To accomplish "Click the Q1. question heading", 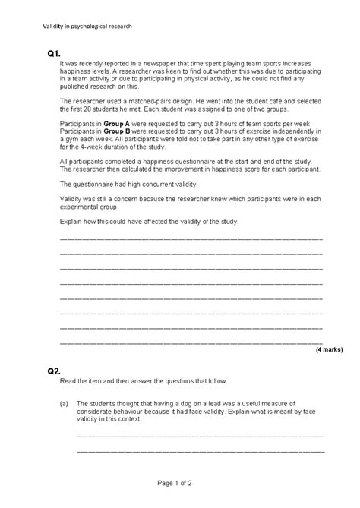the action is pos(54,54).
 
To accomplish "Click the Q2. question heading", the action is pos(54,371).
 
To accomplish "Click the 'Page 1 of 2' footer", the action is pos(179,482).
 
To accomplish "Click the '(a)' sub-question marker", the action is pos(65,404).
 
